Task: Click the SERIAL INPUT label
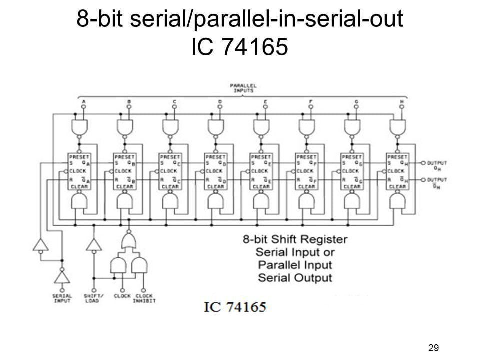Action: pos(62,298)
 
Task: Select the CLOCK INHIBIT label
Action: pos(145,298)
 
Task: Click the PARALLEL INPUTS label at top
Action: pos(243,88)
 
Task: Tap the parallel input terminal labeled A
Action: pos(83,106)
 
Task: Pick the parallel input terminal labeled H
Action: pos(402,106)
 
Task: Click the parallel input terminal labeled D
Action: pos(220,106)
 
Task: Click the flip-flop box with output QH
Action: pos(398,171)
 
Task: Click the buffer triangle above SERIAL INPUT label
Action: pos(62,276)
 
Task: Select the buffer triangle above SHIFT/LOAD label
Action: pos(93,244)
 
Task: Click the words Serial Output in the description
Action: pos(294,277)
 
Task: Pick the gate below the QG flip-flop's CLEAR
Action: pos(352,201)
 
